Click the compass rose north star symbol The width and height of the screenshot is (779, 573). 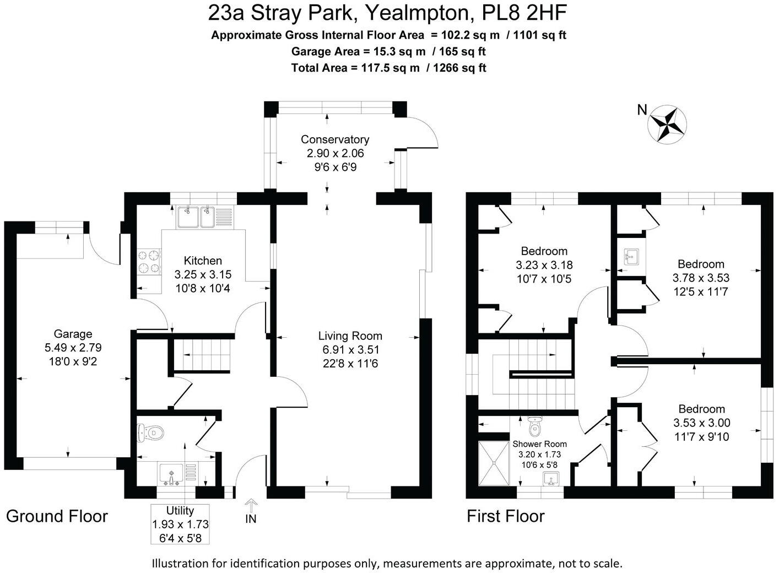pos(667,124)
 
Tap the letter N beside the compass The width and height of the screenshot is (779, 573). pos(642,110)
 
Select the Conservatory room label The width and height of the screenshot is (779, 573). pos(334,139)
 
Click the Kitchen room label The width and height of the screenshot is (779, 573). pos(203,261)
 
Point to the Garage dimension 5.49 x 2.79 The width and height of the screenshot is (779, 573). pos(73,348)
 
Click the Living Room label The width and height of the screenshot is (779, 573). pos(350,336)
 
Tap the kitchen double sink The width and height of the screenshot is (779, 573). pos(196,217)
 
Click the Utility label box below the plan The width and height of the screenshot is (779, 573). pos(180,524)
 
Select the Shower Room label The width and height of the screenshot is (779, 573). pos(539,444)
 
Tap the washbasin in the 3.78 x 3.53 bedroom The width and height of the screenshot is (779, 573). pos(631,256)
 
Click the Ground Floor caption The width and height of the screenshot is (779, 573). pos(57,516)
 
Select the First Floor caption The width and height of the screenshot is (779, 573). pos(505,516)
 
